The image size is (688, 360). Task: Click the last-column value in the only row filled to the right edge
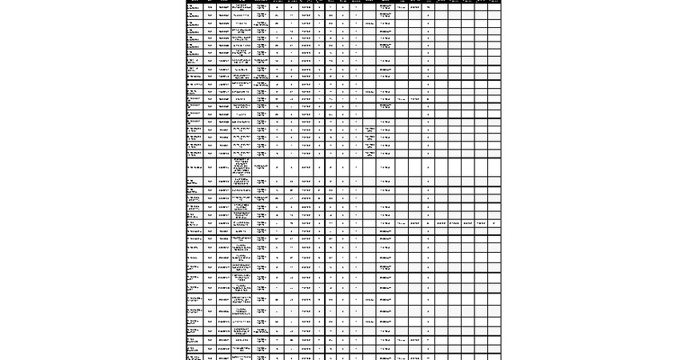pyautogui.click(x=494, y=223)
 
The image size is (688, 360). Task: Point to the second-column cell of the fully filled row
pyautogui.click(x=210, y=223)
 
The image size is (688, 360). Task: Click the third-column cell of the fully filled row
pyautogui.click(x=223, y=223)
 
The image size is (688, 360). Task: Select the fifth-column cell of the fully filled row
pyautogui.click(x=261, y=223)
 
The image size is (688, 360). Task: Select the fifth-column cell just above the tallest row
pyautogui.click(x=261, y=152)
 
